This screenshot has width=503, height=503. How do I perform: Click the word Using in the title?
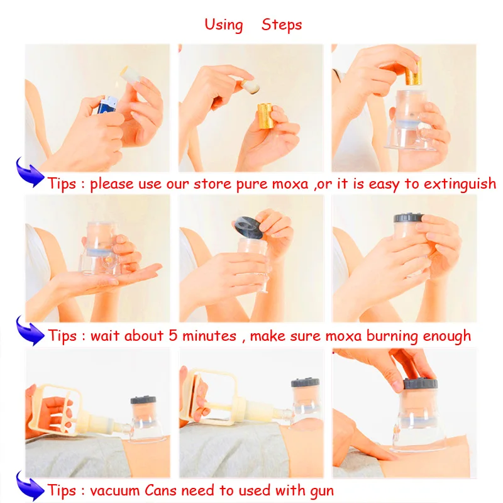click(x=224, y=25)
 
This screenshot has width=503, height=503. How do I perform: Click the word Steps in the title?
click(x=282, y=25)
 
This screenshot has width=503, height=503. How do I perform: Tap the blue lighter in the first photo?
click(x=107, y=104)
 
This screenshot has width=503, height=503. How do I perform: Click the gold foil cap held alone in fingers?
click(x=265, y=116)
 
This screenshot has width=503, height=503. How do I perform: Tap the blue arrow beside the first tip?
click(x=30, y=172)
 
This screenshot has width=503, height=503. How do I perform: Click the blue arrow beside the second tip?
click(x=30, y=331)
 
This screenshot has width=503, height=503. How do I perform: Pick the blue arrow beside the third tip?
click(x=30, y=485)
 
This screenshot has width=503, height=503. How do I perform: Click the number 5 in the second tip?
click(x=173, y=336)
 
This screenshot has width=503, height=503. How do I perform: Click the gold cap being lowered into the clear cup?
click(x=414, y=72)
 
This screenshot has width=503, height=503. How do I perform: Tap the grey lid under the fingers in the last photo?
click(x=420, y=384)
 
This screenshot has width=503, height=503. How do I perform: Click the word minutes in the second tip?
click(x=209, y=336)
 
